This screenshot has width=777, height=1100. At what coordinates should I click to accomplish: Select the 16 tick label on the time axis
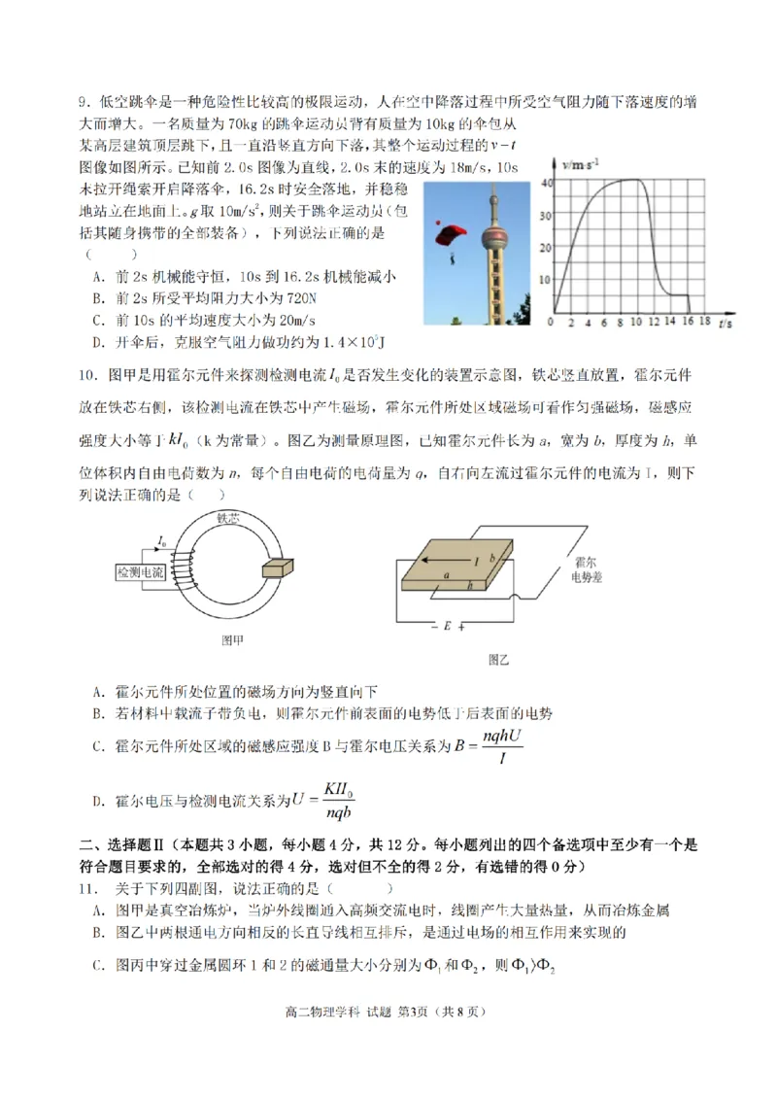[x=688, y=321]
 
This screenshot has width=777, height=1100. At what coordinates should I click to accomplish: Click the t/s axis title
[x=725, y=322]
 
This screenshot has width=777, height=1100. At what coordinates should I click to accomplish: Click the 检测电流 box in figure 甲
[x=140, y=572]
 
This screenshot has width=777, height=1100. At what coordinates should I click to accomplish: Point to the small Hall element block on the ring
[x=275, y=567]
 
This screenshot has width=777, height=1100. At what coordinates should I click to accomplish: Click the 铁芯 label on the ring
[x=229, y=518]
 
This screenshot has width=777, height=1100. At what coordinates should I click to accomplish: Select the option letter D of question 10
[x=98, y=801]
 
